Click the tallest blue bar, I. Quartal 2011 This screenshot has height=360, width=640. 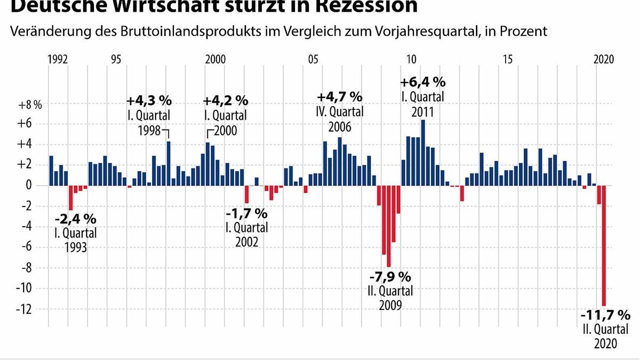click(x=423, y=153)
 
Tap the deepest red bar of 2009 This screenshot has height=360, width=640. click(x=389, y=226)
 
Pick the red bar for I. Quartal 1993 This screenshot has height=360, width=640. click(x=70, y=198)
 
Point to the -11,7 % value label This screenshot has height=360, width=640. click(x=605, y=315)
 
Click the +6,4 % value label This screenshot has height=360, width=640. click(x=423, y=82)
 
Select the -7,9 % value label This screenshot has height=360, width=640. click(x=390, y=277)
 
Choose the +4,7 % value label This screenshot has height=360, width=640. click(x=340, y=97)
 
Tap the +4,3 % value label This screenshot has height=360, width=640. click(x=149, y=100)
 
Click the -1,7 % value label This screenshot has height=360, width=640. click(x=246, y=213)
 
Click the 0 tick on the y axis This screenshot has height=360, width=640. click(x=37, y=186)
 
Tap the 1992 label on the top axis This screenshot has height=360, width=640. click(x=58, y=59)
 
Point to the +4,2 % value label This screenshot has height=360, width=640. click(x=226, y=100)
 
